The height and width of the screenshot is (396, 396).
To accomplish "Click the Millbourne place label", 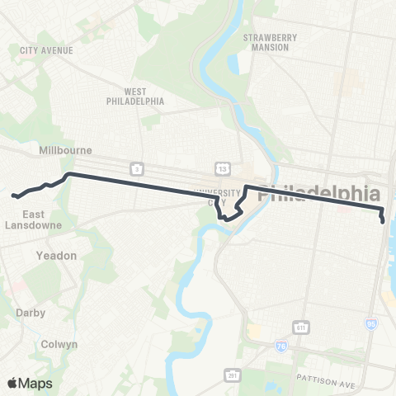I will click(x=64, y=150).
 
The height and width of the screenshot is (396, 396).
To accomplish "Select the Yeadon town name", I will click(x=56, y=256).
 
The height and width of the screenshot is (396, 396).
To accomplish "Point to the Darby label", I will click(x=31, y=313).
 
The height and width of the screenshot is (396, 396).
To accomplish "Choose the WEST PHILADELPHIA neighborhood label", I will click(x=135, y=96).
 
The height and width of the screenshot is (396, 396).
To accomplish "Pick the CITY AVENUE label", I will click(x=46, y=50).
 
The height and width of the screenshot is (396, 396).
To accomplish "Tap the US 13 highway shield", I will click(x=222, y=168).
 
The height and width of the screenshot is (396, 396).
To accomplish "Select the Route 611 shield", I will click(x=304, y=328).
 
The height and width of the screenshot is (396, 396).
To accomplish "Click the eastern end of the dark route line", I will click(x=384, y=221).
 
